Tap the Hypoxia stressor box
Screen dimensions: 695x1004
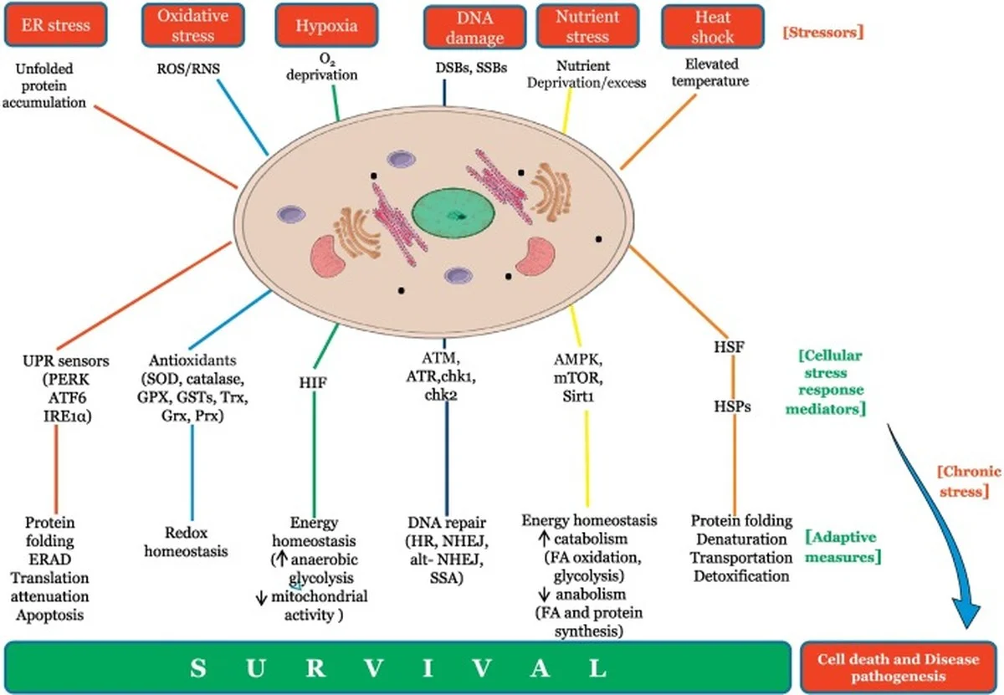(326, 25)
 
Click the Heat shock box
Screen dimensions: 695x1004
(712, 27)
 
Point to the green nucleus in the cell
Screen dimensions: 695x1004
(458, 215)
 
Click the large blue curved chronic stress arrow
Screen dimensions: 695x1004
(937, 535)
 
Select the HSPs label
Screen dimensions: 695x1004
(731, 407)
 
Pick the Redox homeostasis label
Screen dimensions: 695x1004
(186, 542)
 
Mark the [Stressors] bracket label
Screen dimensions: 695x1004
(822, 33)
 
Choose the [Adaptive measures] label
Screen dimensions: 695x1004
(845, 545)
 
